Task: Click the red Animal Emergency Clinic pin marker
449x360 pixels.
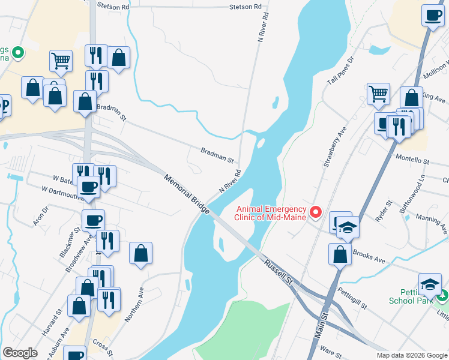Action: click(x=316, y=212)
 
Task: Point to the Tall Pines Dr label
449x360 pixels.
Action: click(x=341, y=72)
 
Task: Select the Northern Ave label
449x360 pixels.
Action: click(x=134, y=304)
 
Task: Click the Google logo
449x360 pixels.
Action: click(x=20, y=353)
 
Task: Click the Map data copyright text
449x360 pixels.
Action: click(x=411, y=355)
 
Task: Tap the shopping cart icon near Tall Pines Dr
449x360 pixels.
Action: click(x=378, y=93)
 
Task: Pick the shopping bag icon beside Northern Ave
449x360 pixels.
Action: click(x=140, y=253)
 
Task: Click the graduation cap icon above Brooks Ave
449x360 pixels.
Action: click(x=348, y=227)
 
